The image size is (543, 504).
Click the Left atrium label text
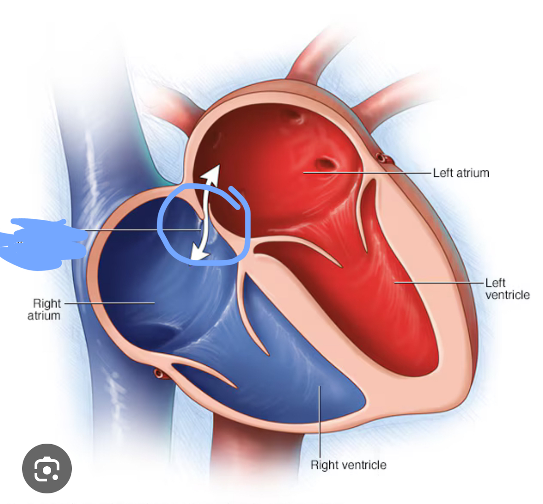tap(461, 173)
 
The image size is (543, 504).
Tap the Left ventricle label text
tap(507, 289)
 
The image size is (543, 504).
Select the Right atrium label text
tap(45, 309)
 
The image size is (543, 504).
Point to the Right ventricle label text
tap(348, 465)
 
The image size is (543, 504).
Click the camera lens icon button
tap(47, 469)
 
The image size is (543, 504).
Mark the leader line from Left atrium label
tap(368, 173)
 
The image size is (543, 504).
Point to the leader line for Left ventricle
tap(438, 282)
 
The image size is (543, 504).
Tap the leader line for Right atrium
tap(111, 303)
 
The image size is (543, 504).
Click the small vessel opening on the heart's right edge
tap(381, 158)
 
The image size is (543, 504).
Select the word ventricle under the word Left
tap(507, 295)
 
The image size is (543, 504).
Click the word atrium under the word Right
tap(44, 316)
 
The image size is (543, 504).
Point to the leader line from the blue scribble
tap(143, 230)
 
